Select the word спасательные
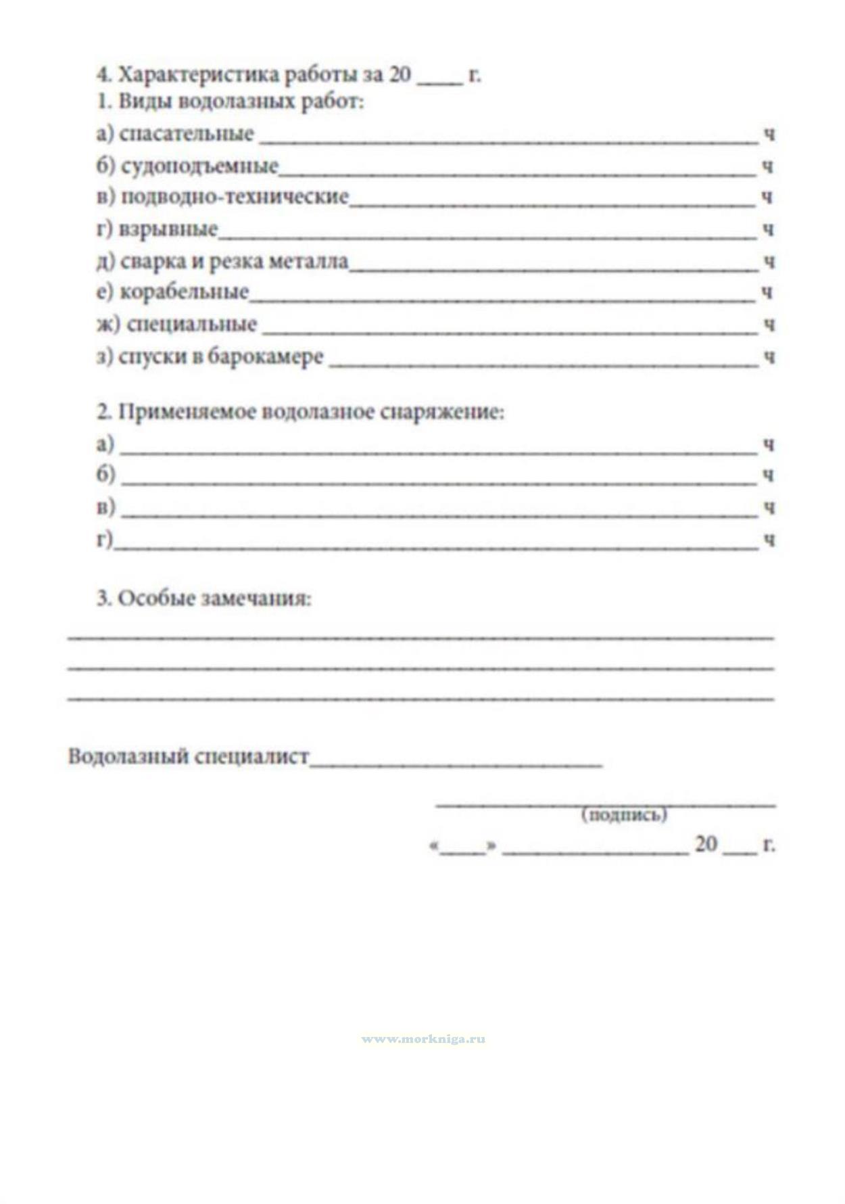click(186, 134)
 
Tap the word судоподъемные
click(199, 165)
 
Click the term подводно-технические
click(235, 197)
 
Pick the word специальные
click(191, 324)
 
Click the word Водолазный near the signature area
click(128, 756)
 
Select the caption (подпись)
click(624, 815)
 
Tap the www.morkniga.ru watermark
click(423, 1039)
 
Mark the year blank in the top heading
click(439, 81)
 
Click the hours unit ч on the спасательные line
click(769, 135)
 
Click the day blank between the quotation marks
click(463, 851)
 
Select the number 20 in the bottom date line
click(706, 844)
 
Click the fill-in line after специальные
click(510, 332)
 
